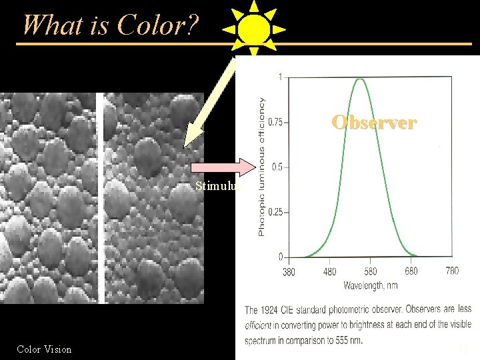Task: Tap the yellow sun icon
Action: tap(253, 30)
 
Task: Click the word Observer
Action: tap(375, 123)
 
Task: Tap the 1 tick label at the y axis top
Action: tap(279, 76)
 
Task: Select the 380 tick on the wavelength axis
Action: tap(289, 271)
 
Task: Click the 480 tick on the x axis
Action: tap(329, 271)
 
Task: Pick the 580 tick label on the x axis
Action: tap(370, 271)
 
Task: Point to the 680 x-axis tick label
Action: tap(411, 271)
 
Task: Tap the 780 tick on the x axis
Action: tap(451, 271)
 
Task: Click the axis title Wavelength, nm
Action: tap(371, 286)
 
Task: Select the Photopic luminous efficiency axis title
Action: tap(261, 167)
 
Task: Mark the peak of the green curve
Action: tap(360, 79)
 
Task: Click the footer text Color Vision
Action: tap(45, 349)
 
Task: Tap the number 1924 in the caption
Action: tap(275, 310)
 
